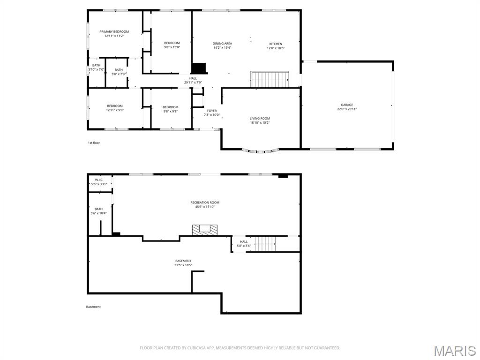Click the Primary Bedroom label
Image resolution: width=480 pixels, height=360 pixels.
click(x=114, y=32)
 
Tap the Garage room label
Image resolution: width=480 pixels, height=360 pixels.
click(x=347, y=105)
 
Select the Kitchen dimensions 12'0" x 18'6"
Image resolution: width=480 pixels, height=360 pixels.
click(x=276, y=48)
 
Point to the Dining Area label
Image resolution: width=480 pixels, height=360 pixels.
click(x=222, y=44)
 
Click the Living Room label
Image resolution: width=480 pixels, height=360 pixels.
click(x=260, y=119)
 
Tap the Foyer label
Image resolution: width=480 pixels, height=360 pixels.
click(x=212, y=111)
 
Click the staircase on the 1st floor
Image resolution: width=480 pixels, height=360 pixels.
click(x=270, y=79)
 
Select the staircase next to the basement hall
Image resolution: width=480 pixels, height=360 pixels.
click(x=265, y=244)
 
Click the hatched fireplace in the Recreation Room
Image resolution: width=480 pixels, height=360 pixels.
click(x=205, y=230)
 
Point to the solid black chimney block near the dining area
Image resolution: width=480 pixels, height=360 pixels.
click(x=199, y=68)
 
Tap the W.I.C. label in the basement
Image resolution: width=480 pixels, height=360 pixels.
click(x=99, y=180)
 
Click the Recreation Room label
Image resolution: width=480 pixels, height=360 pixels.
click(x=205, y=202)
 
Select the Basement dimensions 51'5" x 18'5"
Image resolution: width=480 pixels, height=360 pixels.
click(x=183, y=265)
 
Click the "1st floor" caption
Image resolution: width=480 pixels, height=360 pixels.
click(x=94, y=142)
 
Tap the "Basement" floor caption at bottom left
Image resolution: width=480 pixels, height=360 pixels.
click(x=93, y=307)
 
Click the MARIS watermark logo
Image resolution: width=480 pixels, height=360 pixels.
click(x=454, y=350)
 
